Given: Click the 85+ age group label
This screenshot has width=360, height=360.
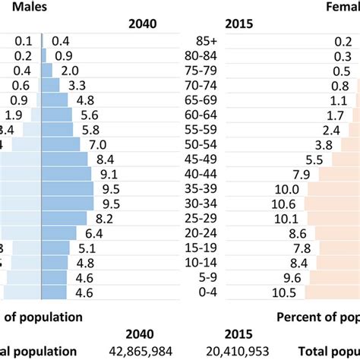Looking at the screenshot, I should tap(207, 41).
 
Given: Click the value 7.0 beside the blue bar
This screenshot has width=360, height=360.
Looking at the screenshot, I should tap(97, 144).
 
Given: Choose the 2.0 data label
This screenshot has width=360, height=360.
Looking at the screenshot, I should tap(71, 71).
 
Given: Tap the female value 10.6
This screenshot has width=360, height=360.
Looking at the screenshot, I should tap(287, 204).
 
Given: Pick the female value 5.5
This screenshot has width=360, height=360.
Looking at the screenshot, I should tap(314, 159).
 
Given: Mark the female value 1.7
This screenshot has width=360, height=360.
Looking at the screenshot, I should tap(336, 115).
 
